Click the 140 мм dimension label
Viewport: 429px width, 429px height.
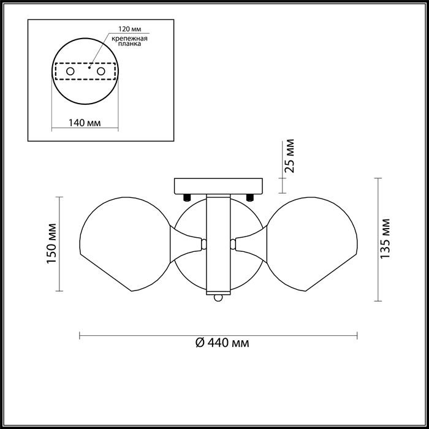pos(85,123)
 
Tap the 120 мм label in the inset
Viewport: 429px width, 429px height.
pos(130,29)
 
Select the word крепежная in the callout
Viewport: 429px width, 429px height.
pos(129,38)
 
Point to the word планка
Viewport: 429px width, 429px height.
pos(129,44)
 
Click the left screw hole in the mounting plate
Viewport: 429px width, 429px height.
pos(70,71)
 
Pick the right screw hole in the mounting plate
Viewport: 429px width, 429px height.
pos(101,71)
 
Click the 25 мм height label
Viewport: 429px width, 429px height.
pos(289,156)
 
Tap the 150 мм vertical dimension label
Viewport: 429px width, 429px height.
pos(51,243)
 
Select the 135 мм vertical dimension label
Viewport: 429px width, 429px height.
pos(385,238)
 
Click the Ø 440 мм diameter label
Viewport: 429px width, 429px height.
pos(222,343)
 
